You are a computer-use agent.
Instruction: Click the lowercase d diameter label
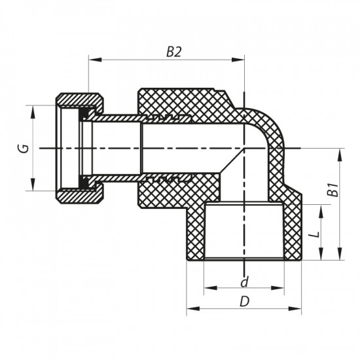coord(244,283)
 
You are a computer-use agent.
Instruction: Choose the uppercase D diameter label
coord(244,302)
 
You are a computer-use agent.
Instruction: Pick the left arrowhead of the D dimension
coord(192,308)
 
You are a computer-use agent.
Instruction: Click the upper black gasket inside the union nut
coord(84,117)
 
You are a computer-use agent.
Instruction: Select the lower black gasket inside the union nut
coord(84,180)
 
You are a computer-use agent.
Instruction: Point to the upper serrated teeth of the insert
coord(171,118)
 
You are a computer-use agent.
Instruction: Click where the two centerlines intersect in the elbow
coord(244,149)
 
